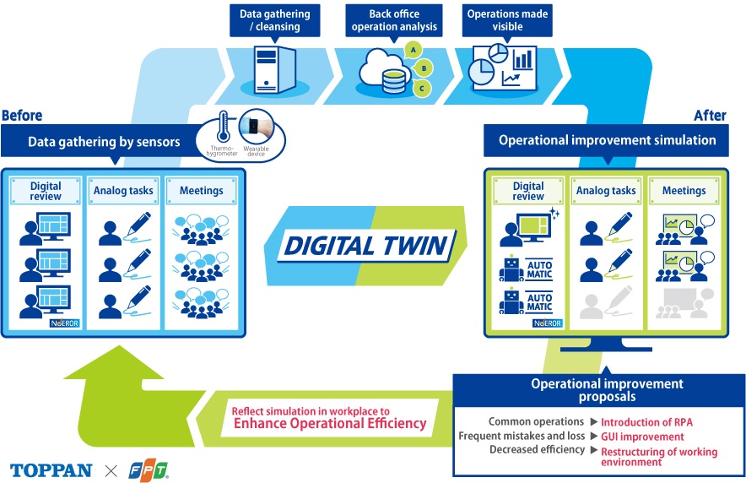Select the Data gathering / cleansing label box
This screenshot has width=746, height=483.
274,20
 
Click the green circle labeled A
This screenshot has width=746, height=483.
414,49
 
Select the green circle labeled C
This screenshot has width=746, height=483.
419,87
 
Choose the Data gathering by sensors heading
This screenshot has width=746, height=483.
104,142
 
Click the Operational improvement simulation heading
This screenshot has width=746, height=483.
607,140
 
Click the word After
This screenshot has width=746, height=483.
710,116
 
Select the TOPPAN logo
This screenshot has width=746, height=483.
51,469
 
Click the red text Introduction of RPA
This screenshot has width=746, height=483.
646,421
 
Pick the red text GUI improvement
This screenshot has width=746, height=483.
642,437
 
